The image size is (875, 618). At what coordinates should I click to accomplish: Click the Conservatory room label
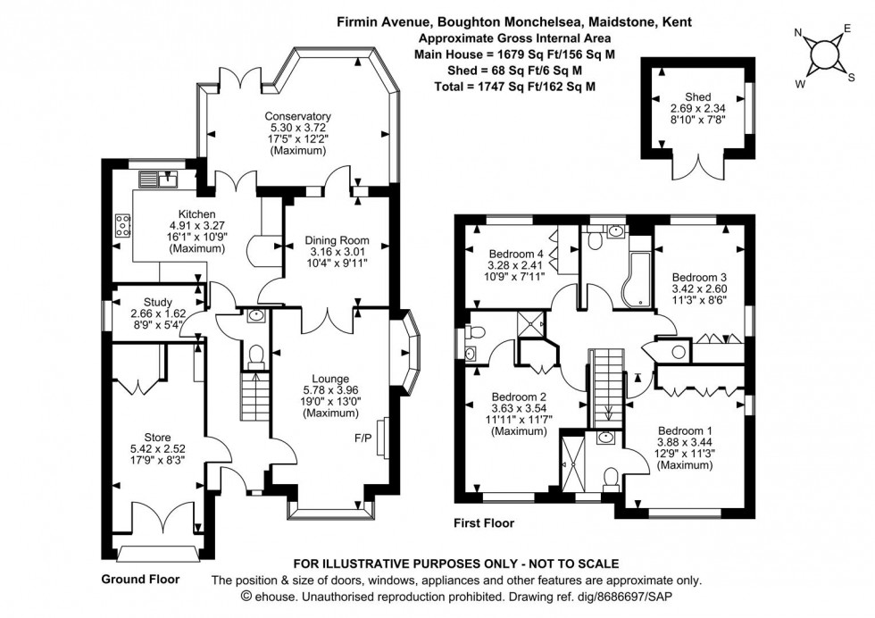(x=297, y=116)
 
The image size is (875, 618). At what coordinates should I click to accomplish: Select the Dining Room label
(x=337, y=240)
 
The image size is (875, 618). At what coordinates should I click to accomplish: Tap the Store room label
(x=158, y=437)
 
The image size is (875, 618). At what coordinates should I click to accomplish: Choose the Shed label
(x=698, y=97)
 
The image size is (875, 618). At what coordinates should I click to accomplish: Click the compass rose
(x=822, y=56)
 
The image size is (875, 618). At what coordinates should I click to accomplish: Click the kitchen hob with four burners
(x=121, y=225)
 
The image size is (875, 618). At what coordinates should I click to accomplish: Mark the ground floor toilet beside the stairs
(x=255, y=356)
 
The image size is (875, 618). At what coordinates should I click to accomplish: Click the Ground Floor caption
(x=139, y=579)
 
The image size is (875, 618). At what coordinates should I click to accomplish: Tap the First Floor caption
(x=484, y=523)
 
